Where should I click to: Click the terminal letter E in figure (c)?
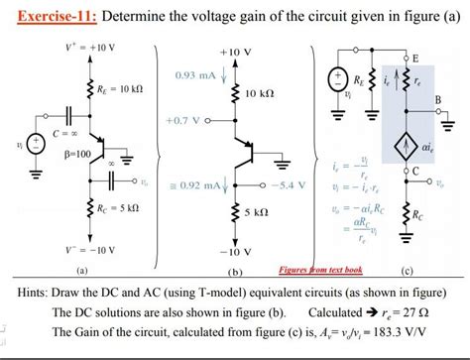point(414,58)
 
